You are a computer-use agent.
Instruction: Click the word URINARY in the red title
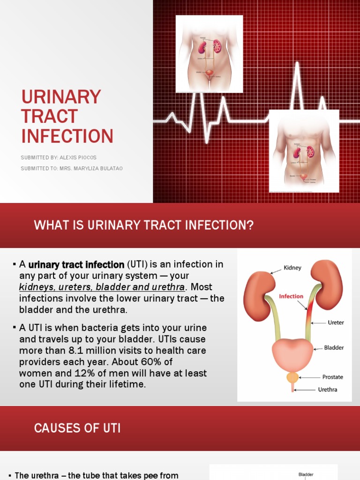click(61, 97)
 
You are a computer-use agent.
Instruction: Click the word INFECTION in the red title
click(67, 136)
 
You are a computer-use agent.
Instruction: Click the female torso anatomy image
click(209, 53)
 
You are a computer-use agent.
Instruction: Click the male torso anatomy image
click(304, 151)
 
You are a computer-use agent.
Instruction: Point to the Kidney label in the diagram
click(292, 268)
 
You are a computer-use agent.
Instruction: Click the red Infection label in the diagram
click(291, 296)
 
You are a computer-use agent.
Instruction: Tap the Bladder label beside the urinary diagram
click(334, 348)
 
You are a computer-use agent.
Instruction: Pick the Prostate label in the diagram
click(333, 377)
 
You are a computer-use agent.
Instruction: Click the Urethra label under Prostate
click(328, 389)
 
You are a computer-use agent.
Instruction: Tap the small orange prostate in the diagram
click(292, 377)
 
